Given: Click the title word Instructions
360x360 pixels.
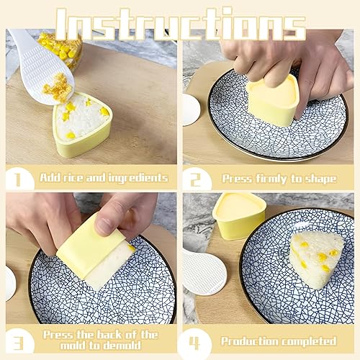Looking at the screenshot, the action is [x=181, y=24].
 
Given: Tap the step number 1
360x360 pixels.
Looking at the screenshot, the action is [x=17, y=179].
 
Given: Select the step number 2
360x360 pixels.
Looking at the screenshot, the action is [x=195, y=179].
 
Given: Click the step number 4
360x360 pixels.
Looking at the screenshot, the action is [x=194, y=343].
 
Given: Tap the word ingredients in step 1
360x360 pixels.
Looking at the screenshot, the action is [x=138, y=179].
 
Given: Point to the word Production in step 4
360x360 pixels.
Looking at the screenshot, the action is [x=250, y=341].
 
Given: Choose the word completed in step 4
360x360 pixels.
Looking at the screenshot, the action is [x=309, y=341].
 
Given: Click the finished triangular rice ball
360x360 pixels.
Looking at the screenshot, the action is [x=316, y=260].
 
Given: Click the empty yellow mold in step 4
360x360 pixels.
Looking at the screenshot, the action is [x=239, y=216].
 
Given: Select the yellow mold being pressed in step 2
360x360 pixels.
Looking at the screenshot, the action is [x=274, y=101].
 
